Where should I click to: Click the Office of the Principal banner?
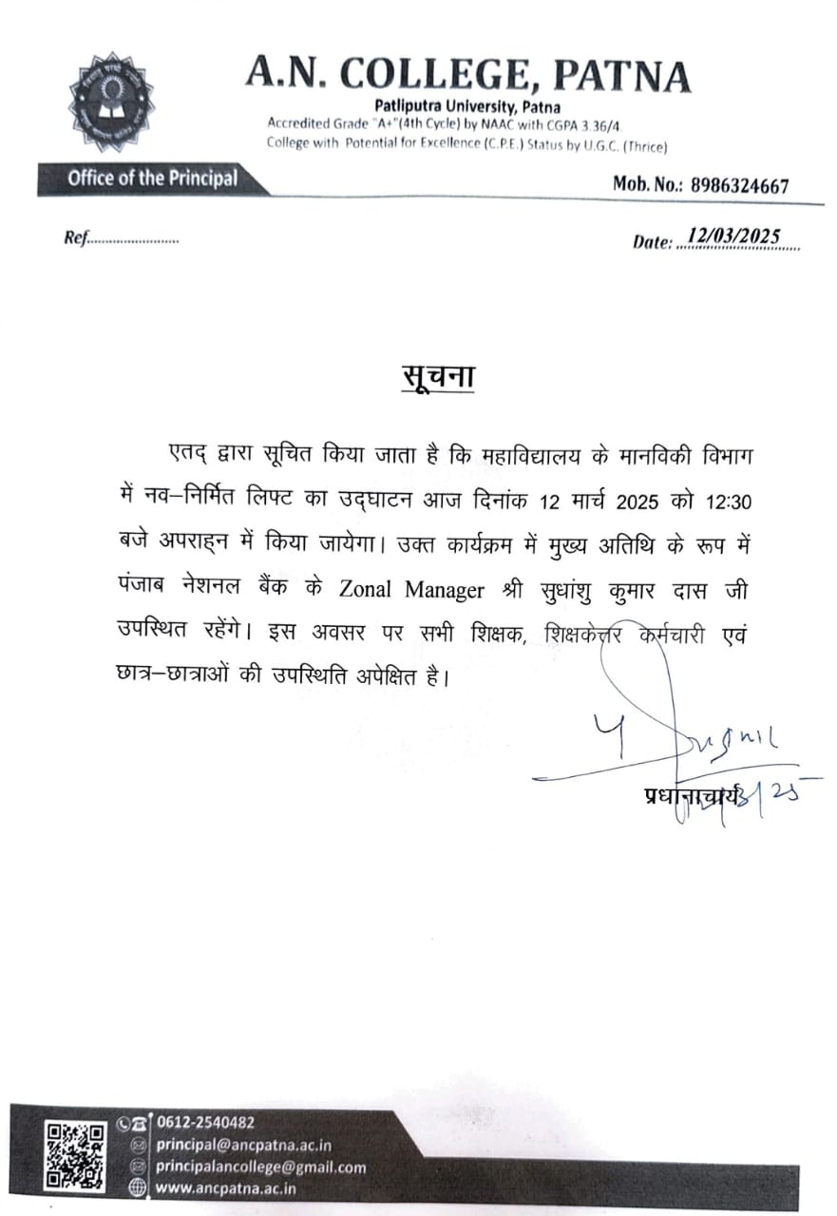tap(152, 179)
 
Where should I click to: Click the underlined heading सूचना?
tap(436, 376)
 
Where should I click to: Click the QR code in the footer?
tap(76, 1154)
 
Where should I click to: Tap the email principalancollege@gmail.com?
tap(260, 1167)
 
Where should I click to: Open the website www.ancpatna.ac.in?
tap(225, 1187)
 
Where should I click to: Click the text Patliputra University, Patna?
tap(466, 106)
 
